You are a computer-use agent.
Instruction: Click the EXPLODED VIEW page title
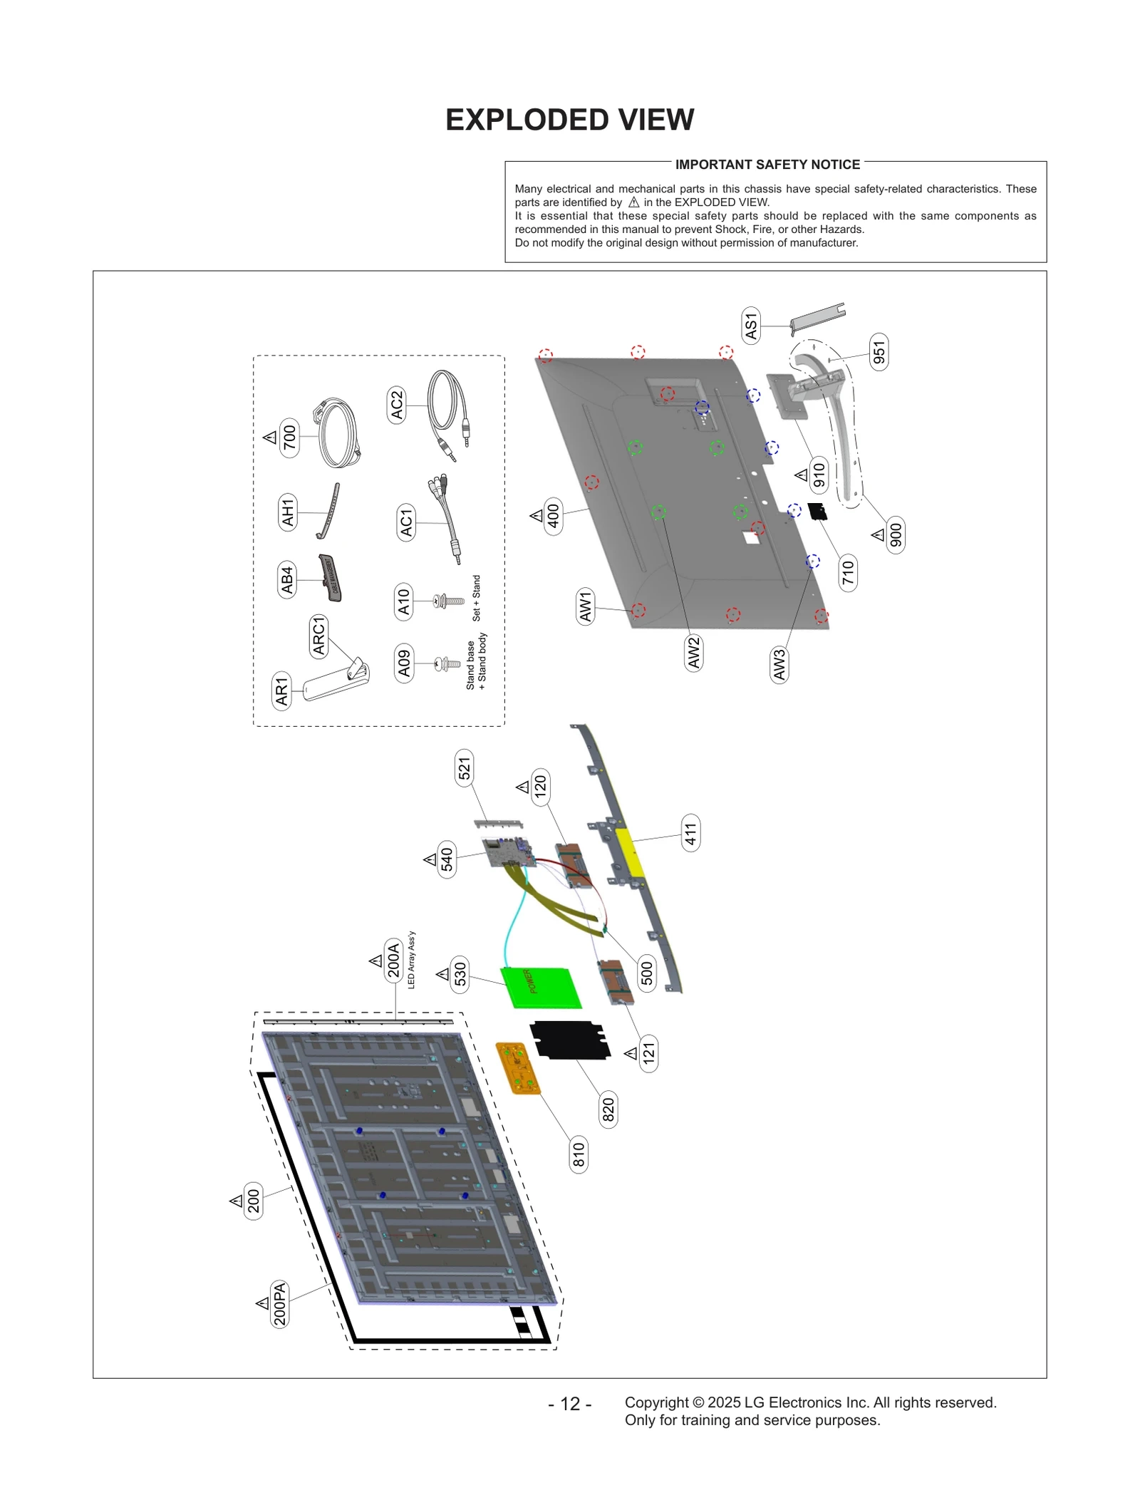click(x=569, y=120)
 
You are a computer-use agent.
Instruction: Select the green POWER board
click(x=541, y=987)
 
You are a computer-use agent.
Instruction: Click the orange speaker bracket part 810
click(x=519, y=1067)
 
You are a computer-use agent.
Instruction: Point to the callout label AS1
click(x=751, y=326)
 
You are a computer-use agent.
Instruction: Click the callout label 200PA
click(x=279, y=1303)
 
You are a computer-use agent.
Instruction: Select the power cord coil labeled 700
click(x=338, y=433)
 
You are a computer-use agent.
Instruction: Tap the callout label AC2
click(x=397, y=405)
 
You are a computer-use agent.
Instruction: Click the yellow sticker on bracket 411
click(x=628, y=852)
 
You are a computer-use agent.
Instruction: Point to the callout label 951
click(x=879, y=352)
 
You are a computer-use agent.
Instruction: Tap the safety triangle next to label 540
click(x=430, y=860)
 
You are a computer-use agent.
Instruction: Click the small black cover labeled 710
click(x=817, y=511)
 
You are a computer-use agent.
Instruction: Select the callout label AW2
click(x=694, y=653)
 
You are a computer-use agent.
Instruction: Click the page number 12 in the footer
click(x=569, y=1403)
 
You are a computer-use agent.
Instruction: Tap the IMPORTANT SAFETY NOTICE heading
click(x=767, y=165)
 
